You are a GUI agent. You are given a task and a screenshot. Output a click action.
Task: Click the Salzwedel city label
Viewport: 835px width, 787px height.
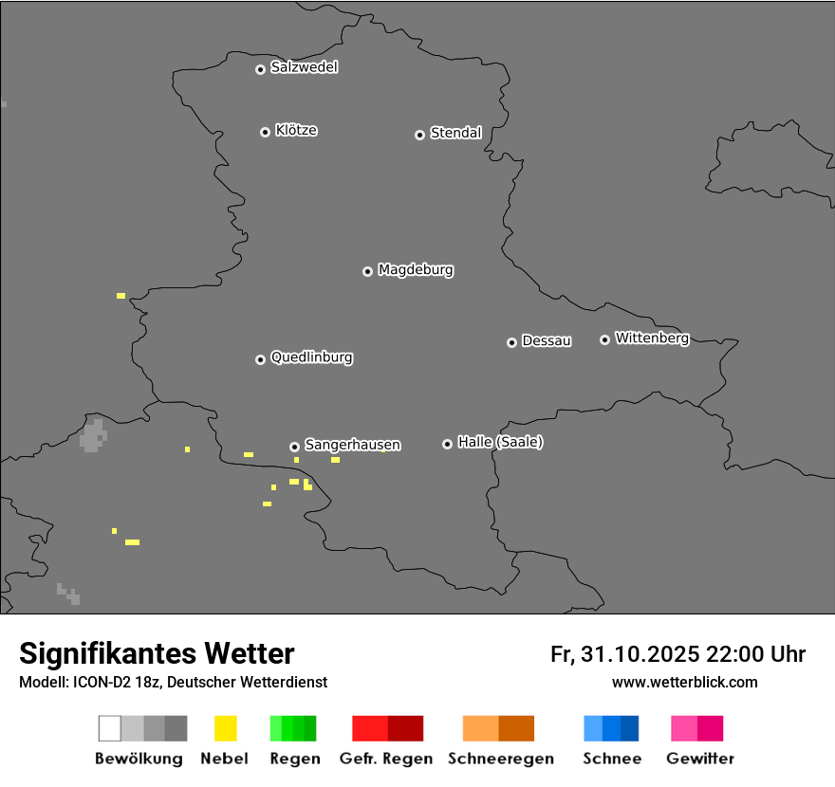[304, 67]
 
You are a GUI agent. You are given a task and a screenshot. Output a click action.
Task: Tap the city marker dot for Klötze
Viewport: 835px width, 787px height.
[265, 132]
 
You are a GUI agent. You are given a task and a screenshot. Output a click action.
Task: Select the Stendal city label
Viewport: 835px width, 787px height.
[455, 133]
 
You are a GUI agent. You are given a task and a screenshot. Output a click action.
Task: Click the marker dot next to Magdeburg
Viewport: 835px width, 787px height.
[367, 271]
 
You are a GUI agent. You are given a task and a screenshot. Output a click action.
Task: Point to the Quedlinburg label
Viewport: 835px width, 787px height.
[311, 357]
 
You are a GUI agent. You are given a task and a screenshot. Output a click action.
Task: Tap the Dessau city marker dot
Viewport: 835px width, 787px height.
[511, 342]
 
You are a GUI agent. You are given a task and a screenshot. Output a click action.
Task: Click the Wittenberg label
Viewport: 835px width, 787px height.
[652, 338]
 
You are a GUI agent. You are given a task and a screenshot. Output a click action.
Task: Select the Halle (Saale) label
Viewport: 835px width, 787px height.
[500, 442]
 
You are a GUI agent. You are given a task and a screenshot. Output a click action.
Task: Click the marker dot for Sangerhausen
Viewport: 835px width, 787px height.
[294, 447]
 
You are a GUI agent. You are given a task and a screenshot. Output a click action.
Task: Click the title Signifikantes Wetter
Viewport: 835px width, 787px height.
[157, 653]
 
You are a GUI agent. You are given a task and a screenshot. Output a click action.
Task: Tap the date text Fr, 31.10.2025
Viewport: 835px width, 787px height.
[624, 654]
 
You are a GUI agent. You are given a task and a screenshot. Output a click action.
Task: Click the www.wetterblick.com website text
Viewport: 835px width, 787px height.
[684, 682]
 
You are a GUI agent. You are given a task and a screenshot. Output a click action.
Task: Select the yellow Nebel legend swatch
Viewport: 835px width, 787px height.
[225, 728]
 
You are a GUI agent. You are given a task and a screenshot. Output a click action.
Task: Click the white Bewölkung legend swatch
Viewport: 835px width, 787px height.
[109, 728]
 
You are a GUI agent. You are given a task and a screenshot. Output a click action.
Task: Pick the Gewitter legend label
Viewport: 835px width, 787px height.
[700, 759]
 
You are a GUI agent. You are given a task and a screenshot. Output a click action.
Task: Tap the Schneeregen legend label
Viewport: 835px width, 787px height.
[499, 759]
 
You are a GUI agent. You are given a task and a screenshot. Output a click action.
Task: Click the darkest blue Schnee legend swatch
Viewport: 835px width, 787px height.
[630, 728]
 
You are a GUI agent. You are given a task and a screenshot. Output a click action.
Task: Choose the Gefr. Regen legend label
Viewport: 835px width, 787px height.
[386, 759]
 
